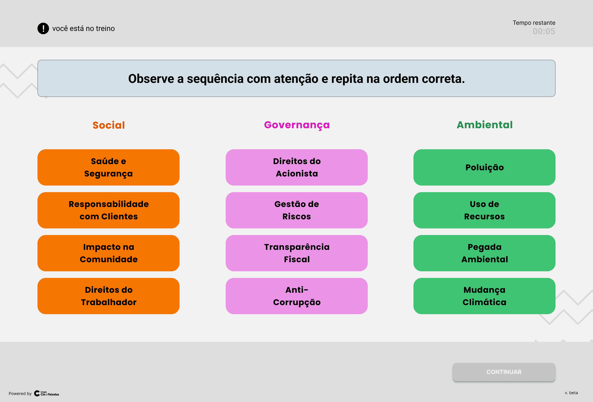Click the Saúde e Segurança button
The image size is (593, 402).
click(109, 167)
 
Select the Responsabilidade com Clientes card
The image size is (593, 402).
click(109, 210)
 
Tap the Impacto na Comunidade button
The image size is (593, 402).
click(109, 253)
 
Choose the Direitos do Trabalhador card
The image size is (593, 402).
click(109, 296)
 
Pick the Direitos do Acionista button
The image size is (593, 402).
click(296, 167)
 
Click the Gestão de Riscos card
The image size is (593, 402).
click(296, 210)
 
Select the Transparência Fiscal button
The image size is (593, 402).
click(296, 253)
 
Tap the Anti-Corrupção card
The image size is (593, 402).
click(296, 296)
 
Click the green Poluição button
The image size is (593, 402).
click(484, 167)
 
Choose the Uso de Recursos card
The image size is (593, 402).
click(484, 210)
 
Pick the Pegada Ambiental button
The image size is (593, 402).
click(484, 253)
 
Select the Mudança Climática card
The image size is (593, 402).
click(484, 296)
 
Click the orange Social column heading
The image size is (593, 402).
click(109, 125)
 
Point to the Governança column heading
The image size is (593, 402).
click(297, 125)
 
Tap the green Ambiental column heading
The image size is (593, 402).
click(484, 125)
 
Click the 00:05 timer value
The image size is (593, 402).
click(544, 31)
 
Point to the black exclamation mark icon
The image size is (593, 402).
click(43, 28)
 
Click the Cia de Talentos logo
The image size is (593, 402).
click(47, 393)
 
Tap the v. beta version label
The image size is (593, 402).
click(571, 393)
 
